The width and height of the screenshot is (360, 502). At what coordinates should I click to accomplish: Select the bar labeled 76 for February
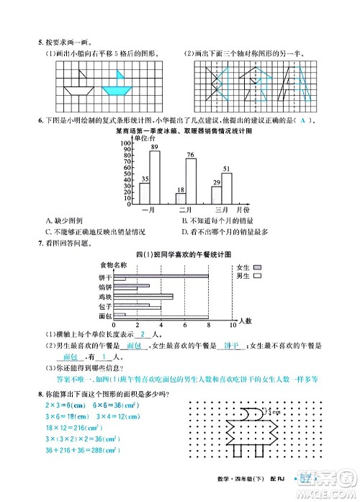pos(191,181)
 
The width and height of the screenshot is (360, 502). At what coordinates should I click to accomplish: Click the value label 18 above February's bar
pos(180,189)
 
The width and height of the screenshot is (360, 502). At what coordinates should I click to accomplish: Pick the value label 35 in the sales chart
pos(145,179)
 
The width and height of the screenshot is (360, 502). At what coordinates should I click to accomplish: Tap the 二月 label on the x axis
pos(186,210)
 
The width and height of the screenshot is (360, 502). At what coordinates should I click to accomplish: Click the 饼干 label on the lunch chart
pos(104,277)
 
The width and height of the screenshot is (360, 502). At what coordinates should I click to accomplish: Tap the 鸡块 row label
pos(104,296)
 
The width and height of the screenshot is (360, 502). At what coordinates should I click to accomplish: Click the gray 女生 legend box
pos(258,266)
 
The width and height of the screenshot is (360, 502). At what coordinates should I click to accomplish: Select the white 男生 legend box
pos(258,275)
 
